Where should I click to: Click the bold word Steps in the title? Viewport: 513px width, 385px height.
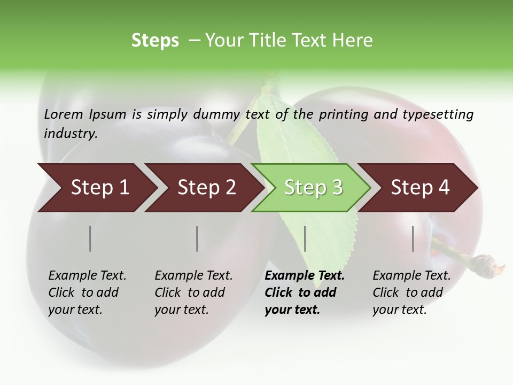(x=155, y=41)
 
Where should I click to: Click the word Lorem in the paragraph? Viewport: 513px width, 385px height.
(x=64, y=114)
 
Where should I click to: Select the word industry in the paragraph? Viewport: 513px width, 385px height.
(x=71, y=134)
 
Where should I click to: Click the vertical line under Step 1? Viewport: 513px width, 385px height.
(x=90, y=238)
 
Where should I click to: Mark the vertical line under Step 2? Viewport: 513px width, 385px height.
(x=197, y=238)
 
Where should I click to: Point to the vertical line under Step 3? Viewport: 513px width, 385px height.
(x=305, y=238)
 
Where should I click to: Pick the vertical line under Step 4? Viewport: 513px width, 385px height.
(x=413, y=238)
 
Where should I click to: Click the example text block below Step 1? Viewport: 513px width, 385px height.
(x=87, y=292)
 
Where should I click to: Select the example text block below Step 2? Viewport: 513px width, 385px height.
(x=193, y=292)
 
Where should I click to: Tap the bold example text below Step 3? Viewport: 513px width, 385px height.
(x=304, y=292)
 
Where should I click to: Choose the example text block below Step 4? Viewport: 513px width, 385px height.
(x=411, y=292)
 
